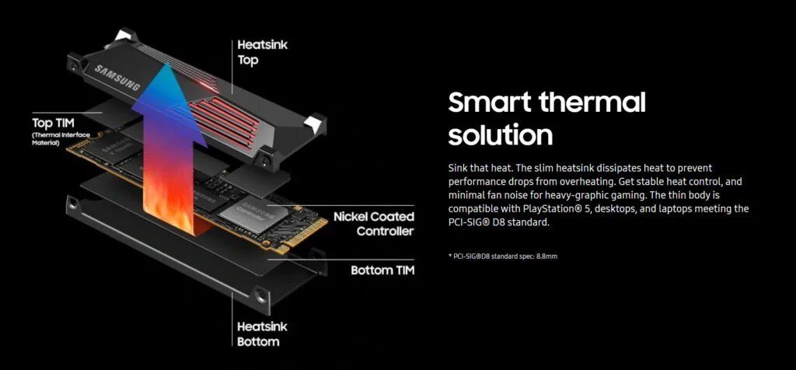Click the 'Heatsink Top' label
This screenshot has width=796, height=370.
(262, 53)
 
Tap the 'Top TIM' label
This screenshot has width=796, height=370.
(52, 123)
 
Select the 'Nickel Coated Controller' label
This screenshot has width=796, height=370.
(373, 223)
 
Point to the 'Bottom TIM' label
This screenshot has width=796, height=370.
(382, 271)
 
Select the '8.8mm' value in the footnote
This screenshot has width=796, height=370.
(547, 255)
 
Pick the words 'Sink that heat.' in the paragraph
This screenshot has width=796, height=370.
(481, 168)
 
